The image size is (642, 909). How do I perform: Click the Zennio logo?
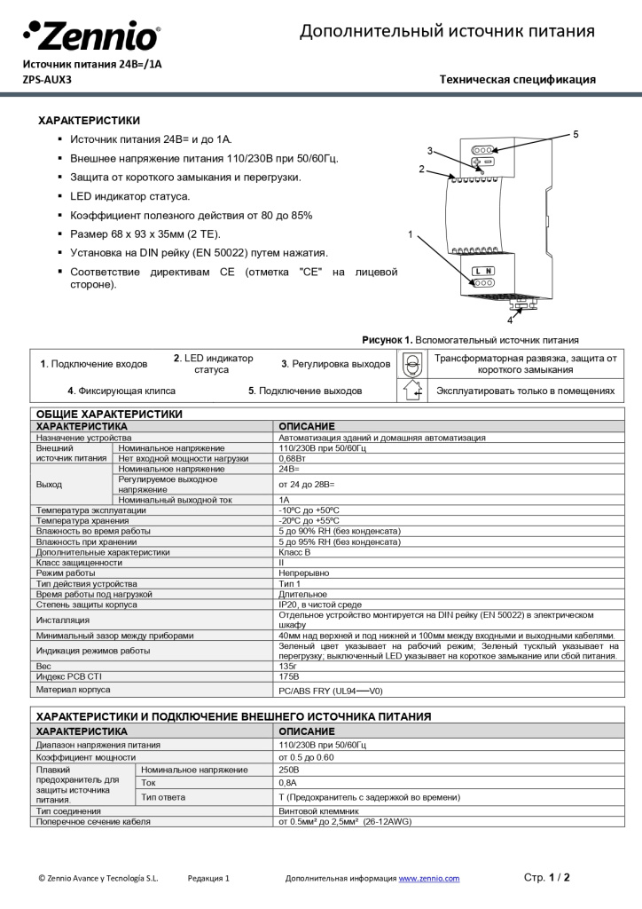[x=91, y=37]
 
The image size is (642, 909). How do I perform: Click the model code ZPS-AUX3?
[x=47, y=79]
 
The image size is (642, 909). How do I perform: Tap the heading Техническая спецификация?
[x=517, y=80]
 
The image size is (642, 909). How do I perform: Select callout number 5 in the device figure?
[x=575, y=134]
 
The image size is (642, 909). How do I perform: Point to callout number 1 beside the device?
[x=410, y=234]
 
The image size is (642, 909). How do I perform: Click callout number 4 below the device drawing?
[x=510, y=320]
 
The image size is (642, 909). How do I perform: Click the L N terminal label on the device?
[x=482, y=270]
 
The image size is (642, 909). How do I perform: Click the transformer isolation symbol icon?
[x=411, y=364]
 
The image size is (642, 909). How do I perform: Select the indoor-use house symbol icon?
[x=411, y=391]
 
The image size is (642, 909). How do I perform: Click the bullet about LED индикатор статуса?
[x=129, y=196]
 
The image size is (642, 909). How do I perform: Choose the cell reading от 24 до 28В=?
[x=307, y=484]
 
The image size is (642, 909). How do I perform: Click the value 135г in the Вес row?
[x=287, y=665]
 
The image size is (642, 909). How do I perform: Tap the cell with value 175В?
[x=288, y=676]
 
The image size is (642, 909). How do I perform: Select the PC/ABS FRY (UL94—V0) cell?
[x=330, y=690]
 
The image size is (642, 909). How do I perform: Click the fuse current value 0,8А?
[x=288, y=783]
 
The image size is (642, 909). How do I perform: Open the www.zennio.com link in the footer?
[x=429, y=878]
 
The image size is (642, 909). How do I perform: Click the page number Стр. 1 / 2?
[x=547, y=877]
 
